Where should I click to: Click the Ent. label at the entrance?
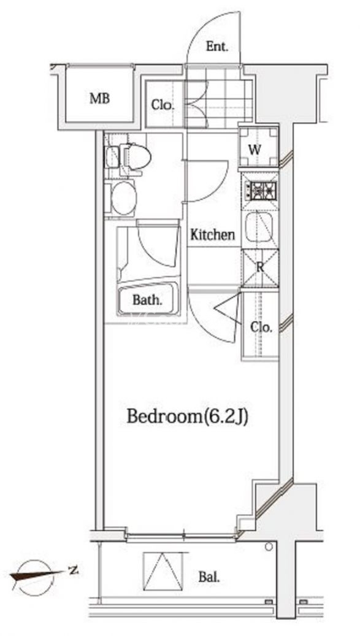pos(217,47)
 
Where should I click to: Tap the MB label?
pos(100,98)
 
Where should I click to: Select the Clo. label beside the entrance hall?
pos(163,105)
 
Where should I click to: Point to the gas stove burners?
pos(260,189)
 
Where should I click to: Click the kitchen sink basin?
pos(259,226)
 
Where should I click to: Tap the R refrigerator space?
pos(260,268)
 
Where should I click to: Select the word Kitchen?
pos(212,234)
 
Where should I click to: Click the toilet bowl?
pos(135,156)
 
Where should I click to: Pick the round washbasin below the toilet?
pos(124,198)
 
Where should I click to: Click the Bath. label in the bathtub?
pos(148,301)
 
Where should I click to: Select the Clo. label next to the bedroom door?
pos(261,327)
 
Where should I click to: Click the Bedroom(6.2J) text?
pos(187,416)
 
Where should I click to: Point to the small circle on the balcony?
pos(269,547)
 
